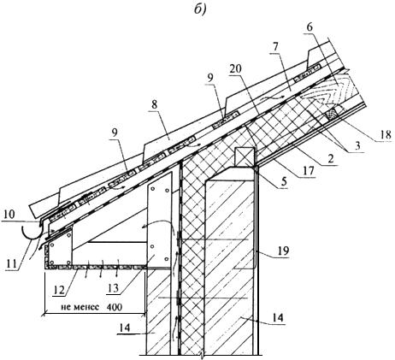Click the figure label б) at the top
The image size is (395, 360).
click(x=200, y=9)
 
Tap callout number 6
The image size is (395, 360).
click(x=310, y=27)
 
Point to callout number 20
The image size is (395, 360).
click(x=235, y=68)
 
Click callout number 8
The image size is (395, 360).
click(x=154, y=104)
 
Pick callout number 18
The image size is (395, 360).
click(x=385, y=134)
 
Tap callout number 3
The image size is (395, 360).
click(x=357, y=146)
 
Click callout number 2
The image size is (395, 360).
click(x=330, y=158)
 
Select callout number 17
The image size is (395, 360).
click(x=308, y=170)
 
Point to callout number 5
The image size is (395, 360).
click(x=285, y=182)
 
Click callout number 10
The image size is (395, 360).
click(x=9, y=215)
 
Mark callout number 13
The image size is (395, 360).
click(x=113, y=288)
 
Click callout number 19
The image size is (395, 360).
click(x=283, y=251)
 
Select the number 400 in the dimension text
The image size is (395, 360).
click(x=115, y=307)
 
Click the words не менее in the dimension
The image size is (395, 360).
click(x=80, y=307)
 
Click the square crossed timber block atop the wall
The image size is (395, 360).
click(x=245, y=157)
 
